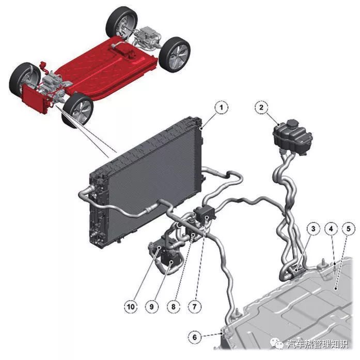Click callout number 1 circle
222,107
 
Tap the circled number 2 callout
261,107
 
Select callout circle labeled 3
313,228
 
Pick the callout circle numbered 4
331,228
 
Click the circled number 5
349,228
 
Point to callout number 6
195,337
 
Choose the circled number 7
195,306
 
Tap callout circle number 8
174,306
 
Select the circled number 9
152,306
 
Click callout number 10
131,306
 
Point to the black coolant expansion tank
292,136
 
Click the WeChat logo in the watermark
277,343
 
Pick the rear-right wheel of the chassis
122,22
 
